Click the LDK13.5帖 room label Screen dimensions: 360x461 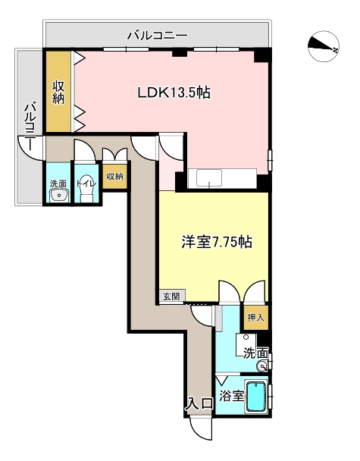pyautogui.click(x=174, y=93)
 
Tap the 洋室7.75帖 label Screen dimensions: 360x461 pyautogui.click(x=217, y=242)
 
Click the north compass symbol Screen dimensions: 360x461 pyautogui.click(x=324, y=46)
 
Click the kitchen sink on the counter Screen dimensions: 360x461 pyautogui.click(x=209, y=177)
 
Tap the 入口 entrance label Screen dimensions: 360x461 pyautogui.click(x=200, y=404)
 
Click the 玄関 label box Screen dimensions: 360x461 pyautogui.click(x=172, y=296)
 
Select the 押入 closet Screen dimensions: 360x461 pyautogui.click(x=256, y=318)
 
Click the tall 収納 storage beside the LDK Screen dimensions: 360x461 pyautogui.click(x=58, y=92)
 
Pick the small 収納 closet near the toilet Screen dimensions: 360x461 pyautogui.click(x=114, y=177)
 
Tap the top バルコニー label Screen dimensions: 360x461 pyautogui.click(x=158, y=36)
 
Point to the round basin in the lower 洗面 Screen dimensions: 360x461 pyautogui.click(x=261, y=366)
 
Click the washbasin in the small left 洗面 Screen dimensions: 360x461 pyautogui.click(x=60, y=196)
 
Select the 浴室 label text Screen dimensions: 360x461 pyautogui.click(x=232, y=396)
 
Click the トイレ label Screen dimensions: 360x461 pyautogui.click(x=86, y=183)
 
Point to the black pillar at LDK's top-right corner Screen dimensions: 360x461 pyautogui.click(x=261, y=55)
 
